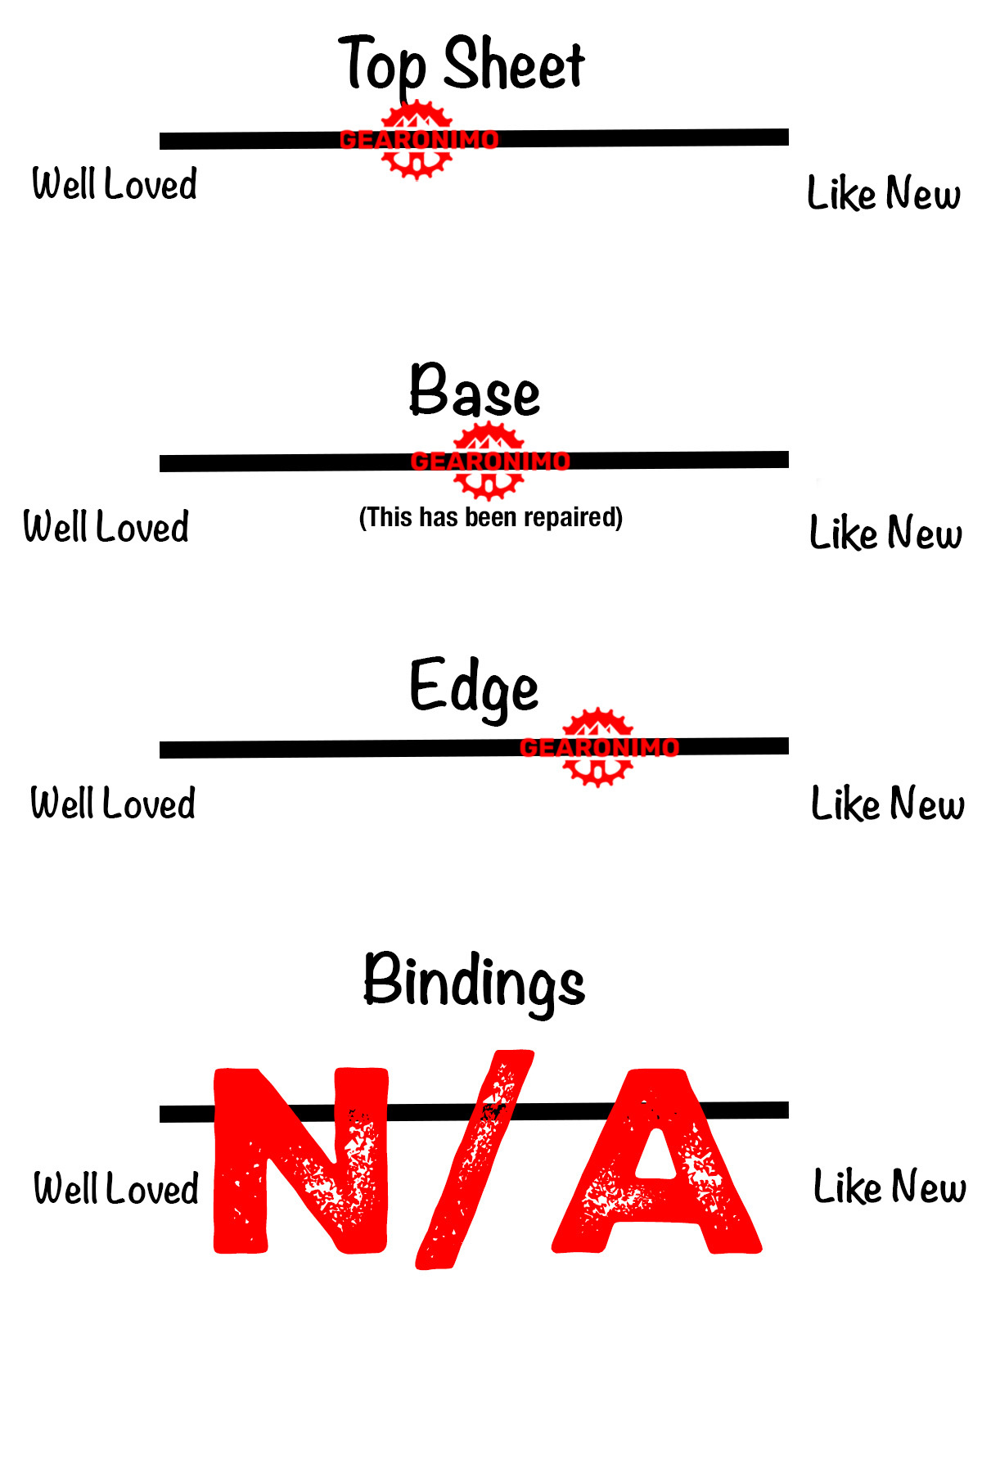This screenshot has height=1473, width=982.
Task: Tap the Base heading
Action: point(475,391)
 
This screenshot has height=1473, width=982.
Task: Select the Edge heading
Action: point(474,687)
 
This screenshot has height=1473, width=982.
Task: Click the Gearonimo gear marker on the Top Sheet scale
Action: point(417,140)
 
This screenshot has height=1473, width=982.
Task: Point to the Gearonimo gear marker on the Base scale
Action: point(489,462)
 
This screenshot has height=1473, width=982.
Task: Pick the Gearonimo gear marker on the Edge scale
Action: point(599,747)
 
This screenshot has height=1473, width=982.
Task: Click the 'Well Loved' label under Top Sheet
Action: point(115,183)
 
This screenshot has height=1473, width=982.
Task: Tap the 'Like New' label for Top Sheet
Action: point(884,193)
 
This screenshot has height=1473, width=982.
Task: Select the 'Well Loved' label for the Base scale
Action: point(106,526)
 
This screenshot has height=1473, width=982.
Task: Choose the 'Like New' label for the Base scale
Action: point(885,533)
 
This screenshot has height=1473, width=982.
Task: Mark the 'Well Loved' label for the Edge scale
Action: point(113,803)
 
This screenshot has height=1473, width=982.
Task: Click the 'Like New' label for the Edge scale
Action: point(888,804)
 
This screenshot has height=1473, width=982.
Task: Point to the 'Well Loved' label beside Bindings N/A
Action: point(116,1188)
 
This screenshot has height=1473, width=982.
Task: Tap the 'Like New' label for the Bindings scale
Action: point(890,1187)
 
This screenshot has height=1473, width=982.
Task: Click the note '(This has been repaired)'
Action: point(491,517)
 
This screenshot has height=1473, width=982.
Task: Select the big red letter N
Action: point(300,1160)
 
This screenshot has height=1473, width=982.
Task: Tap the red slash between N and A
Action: point(475,1160)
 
